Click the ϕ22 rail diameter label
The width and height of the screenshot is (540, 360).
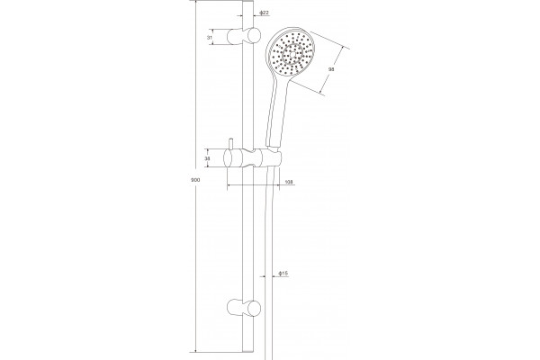coord(264,13)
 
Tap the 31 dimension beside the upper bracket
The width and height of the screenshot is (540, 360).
coord(210,37)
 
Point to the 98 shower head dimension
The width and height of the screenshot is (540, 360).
coord(331,69)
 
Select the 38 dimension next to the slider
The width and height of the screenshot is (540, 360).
coord(207,158)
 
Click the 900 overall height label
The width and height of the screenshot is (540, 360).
coord(195,180)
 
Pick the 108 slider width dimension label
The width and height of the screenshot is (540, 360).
coord(289,182)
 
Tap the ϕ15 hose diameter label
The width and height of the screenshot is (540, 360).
coord(283,274)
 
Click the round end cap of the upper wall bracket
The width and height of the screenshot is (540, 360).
coord(255,35)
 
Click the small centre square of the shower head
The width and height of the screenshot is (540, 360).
coord(292,54)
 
